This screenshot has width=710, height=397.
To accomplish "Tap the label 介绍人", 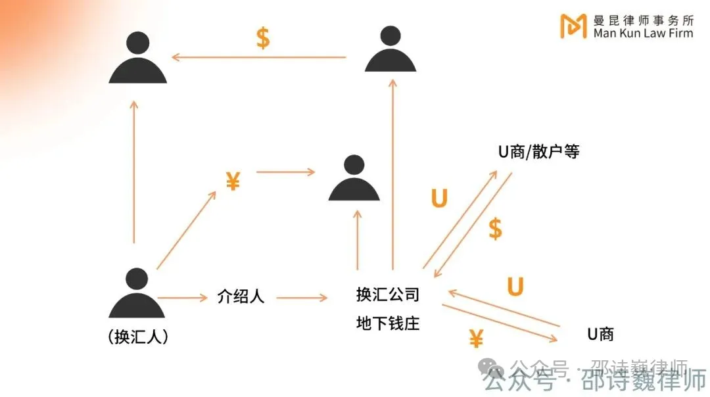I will tap(241, 296).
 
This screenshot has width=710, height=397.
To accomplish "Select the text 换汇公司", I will tap(387, 295).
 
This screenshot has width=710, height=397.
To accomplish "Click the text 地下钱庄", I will tap(387, 323).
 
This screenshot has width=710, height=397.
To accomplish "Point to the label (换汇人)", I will tap(137, 337).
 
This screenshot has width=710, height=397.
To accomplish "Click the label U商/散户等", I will tap(538, 152).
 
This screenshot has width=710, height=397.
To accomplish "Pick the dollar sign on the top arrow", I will tap(262, 38).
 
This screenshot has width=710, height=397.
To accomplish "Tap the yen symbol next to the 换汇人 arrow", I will tap(233, 181).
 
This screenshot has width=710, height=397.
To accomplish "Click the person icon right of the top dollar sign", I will tap(390, 51).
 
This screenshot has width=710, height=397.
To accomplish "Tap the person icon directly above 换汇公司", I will tap(354, 179).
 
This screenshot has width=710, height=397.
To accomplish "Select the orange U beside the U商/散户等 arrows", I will tap(438, 198).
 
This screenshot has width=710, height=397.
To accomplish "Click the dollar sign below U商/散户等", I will tap(495, 229).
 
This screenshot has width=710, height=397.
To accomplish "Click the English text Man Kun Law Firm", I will tap(643, 34).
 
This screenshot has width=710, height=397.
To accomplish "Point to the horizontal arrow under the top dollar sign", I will tap(259, 57).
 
